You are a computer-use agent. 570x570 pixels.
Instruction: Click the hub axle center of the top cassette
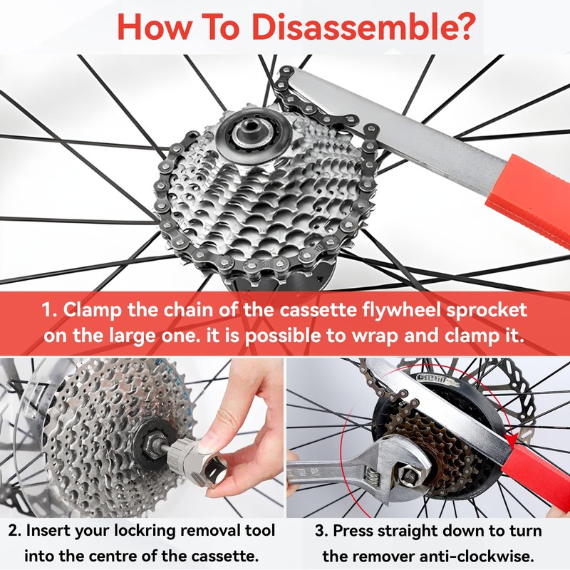tap(243, 133)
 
